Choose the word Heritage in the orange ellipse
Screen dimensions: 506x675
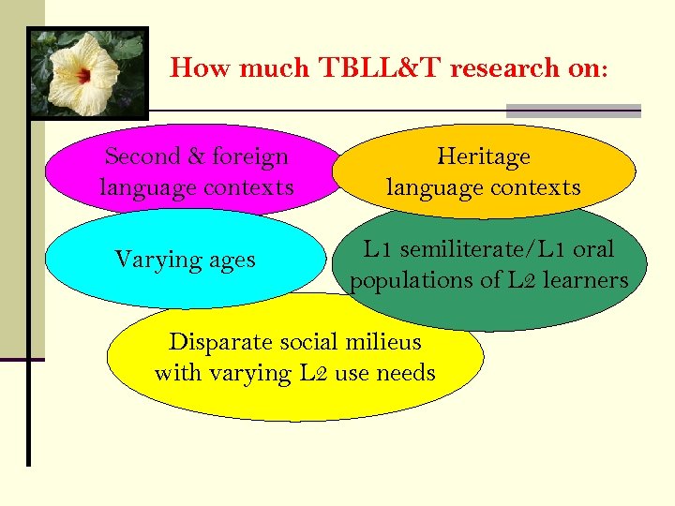[483, 156]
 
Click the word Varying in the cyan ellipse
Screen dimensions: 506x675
[155, 259]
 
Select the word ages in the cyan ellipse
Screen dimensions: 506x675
[228, 260]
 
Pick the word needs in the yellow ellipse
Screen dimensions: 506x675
[405, 373]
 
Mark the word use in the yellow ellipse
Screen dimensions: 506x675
[351, 373]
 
